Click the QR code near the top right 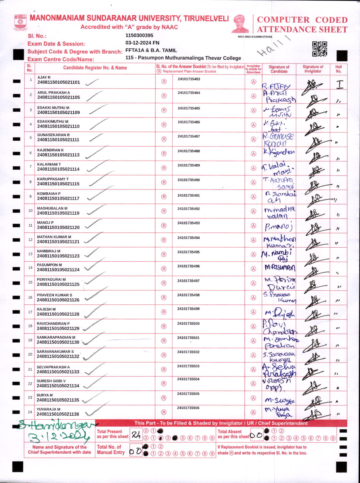pos(319,49)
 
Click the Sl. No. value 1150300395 pos(139,35)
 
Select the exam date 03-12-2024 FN pos(142,43)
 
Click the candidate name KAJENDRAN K pos(51,150)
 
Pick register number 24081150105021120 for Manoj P pos(58,227)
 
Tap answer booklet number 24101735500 pos(188,324)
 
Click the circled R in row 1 pos(164,82)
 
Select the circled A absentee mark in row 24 pos(253,412)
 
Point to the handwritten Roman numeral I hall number pos(340,84)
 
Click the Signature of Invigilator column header pos(313,69)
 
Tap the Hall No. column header pos(338,69)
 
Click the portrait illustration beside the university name pos(240,24)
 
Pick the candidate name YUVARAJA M pos(49,409)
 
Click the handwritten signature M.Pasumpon pos(280,268)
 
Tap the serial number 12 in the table pos(30,240)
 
